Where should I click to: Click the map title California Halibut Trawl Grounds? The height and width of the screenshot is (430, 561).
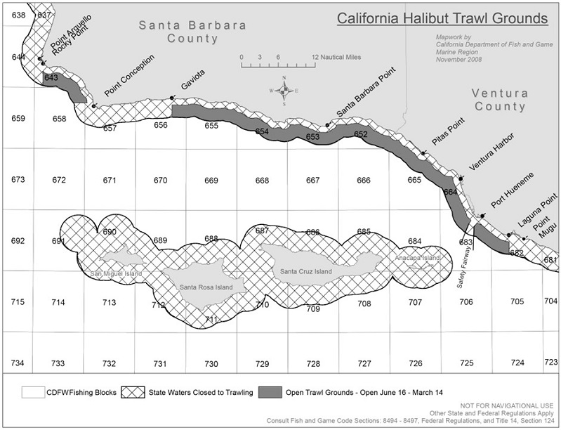[442, 16]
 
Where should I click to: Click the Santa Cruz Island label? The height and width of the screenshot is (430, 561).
[303, 271]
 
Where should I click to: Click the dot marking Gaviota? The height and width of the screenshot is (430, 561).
[172, 98]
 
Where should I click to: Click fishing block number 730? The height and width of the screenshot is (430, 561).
[211, 363]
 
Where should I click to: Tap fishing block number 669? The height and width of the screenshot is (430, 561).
[211, 181]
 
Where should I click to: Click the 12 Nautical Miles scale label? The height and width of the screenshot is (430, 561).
[336, 57]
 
